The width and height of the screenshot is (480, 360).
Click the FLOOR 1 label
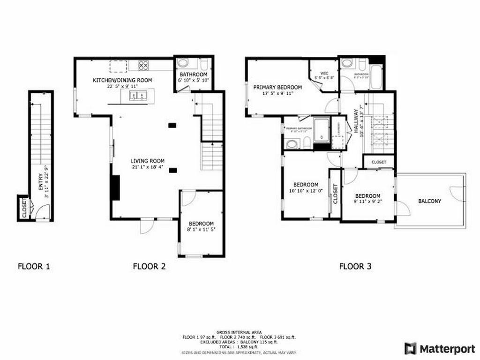coord(34,267)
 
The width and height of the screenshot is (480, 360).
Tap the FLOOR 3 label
coord(355,267)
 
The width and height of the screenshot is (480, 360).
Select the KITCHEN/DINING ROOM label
coord(122,81)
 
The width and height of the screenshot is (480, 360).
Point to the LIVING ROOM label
coord(147,161)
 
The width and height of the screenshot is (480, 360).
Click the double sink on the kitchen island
coord(137,96)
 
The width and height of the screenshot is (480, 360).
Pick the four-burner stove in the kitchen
coord(144,66)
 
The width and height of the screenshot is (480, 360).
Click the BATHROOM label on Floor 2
coord(194,75)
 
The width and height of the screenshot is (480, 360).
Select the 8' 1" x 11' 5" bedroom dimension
coord(201,230)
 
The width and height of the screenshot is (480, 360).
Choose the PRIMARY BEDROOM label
coord(277,87)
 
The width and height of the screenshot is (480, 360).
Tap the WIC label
coord(323,73)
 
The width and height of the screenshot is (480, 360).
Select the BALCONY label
coord(430,201)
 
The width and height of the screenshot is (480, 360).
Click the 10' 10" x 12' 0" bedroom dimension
coord(306,191)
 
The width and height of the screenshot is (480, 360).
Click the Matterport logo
coord(439,348)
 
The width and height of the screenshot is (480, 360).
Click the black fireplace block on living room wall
coord(115,187)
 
